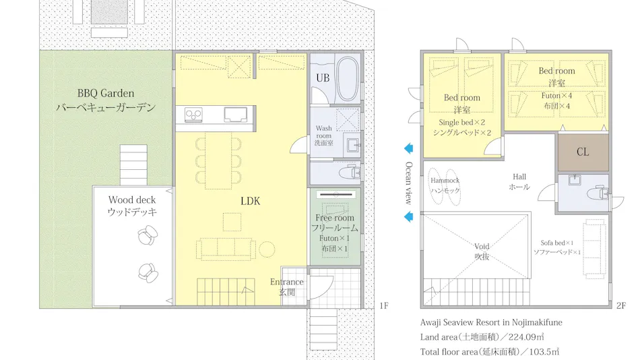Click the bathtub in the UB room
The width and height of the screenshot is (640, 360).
click(x=348, y=79)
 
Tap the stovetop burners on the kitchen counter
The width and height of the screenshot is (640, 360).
click(x=193, y=115)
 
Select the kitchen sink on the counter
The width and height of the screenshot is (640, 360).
click(x=236, y=115)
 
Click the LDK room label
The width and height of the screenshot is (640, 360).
click(x=250, y=201)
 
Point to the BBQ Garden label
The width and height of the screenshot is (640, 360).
click(x=106, y=93)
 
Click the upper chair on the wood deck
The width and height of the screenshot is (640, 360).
click(x=148, y=236)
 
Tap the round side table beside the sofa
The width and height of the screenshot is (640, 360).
click(x=267, y=249)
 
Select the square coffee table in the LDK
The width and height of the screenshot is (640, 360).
click(x=232, y=222)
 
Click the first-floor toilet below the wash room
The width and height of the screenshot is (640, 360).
click(x=350, y=172)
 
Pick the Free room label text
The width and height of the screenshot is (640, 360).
click(x=335, y=218)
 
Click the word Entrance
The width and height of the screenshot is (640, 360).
click(x=286, y=282)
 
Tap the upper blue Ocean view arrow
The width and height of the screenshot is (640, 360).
click(x=408, y=148)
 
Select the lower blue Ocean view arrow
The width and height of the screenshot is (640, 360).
click(x=408, y=216)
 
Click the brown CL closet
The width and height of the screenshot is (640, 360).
click(x=583, y=152)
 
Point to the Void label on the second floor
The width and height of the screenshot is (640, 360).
click(x=482, y=246)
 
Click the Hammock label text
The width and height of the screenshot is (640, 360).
click(x=445, y=180)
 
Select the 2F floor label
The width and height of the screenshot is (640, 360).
click(x=621, y=305)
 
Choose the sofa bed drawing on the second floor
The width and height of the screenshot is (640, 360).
click(x=594, y=249)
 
